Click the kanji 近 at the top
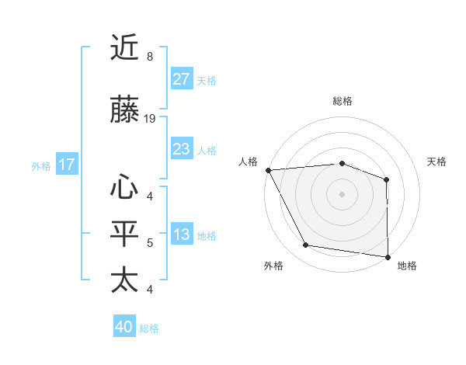coord(124,48)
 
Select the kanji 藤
coord(124,110)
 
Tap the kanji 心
coord(124,186)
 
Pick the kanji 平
coord(124,234)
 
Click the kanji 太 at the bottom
coord(124,280)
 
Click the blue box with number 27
coord(181,79)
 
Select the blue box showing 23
coord(181,149)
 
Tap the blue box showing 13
coord(181,235)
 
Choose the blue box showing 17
coord(66,165)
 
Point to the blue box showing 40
coord(124,327)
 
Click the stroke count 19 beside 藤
coord(150,119)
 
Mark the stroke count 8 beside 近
coord(149,57)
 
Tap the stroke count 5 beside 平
coord(149,243)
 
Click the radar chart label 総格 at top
coord(342,101)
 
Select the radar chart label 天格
coord(437,162)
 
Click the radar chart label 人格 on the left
coord(248,162)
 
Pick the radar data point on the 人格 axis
coord(268,169)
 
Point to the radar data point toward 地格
coord(388,256)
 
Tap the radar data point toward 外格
coord(306,245)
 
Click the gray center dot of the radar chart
coord(342,193)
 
